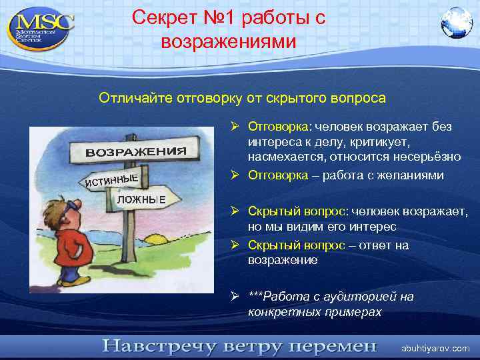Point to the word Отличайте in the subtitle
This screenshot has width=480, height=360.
(x=135, y=99)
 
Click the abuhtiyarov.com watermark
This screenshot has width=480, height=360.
(x=435, y=348)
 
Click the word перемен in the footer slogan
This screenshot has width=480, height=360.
(x=331, y=347)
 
